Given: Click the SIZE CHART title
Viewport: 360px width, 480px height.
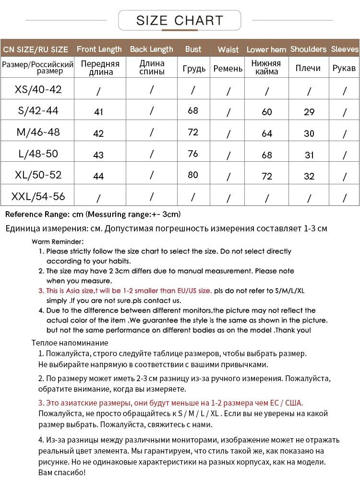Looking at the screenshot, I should [x=180, y=21].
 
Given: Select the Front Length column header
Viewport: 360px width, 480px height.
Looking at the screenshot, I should [x=99, y=49].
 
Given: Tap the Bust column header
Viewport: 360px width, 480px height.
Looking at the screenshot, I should [x=193, y=49].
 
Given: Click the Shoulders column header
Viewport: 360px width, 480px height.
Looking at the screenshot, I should [x=308, y=49].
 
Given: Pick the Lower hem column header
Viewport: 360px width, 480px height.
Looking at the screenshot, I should [x=266, y=49].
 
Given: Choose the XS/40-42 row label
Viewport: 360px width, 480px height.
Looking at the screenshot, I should [x=38, y=89].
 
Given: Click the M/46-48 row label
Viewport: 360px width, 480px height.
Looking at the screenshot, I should [x=38, y=132].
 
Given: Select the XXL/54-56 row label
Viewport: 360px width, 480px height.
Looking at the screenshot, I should [x=38, y=196].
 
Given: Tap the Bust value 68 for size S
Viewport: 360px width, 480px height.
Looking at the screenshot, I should [x=193, y=111].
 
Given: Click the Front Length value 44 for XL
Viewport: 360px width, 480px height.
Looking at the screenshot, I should [x=98, y=176].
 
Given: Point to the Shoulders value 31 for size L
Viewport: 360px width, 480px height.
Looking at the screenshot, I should [x=309, y=155].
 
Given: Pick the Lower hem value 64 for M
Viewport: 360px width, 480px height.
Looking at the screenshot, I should [x=267, y=133].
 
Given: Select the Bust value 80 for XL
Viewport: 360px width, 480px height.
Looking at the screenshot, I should [x=193, y=175].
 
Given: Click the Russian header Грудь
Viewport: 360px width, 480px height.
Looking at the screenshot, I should [x=194, y=69].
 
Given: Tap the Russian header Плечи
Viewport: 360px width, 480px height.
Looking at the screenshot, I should [x=308, y=68].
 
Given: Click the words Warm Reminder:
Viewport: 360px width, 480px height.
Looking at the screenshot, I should [x=58, y=241].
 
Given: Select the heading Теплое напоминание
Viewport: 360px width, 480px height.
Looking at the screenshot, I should [x=70, y=343].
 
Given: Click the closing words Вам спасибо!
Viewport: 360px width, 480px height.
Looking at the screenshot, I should [x=62, y=473].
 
